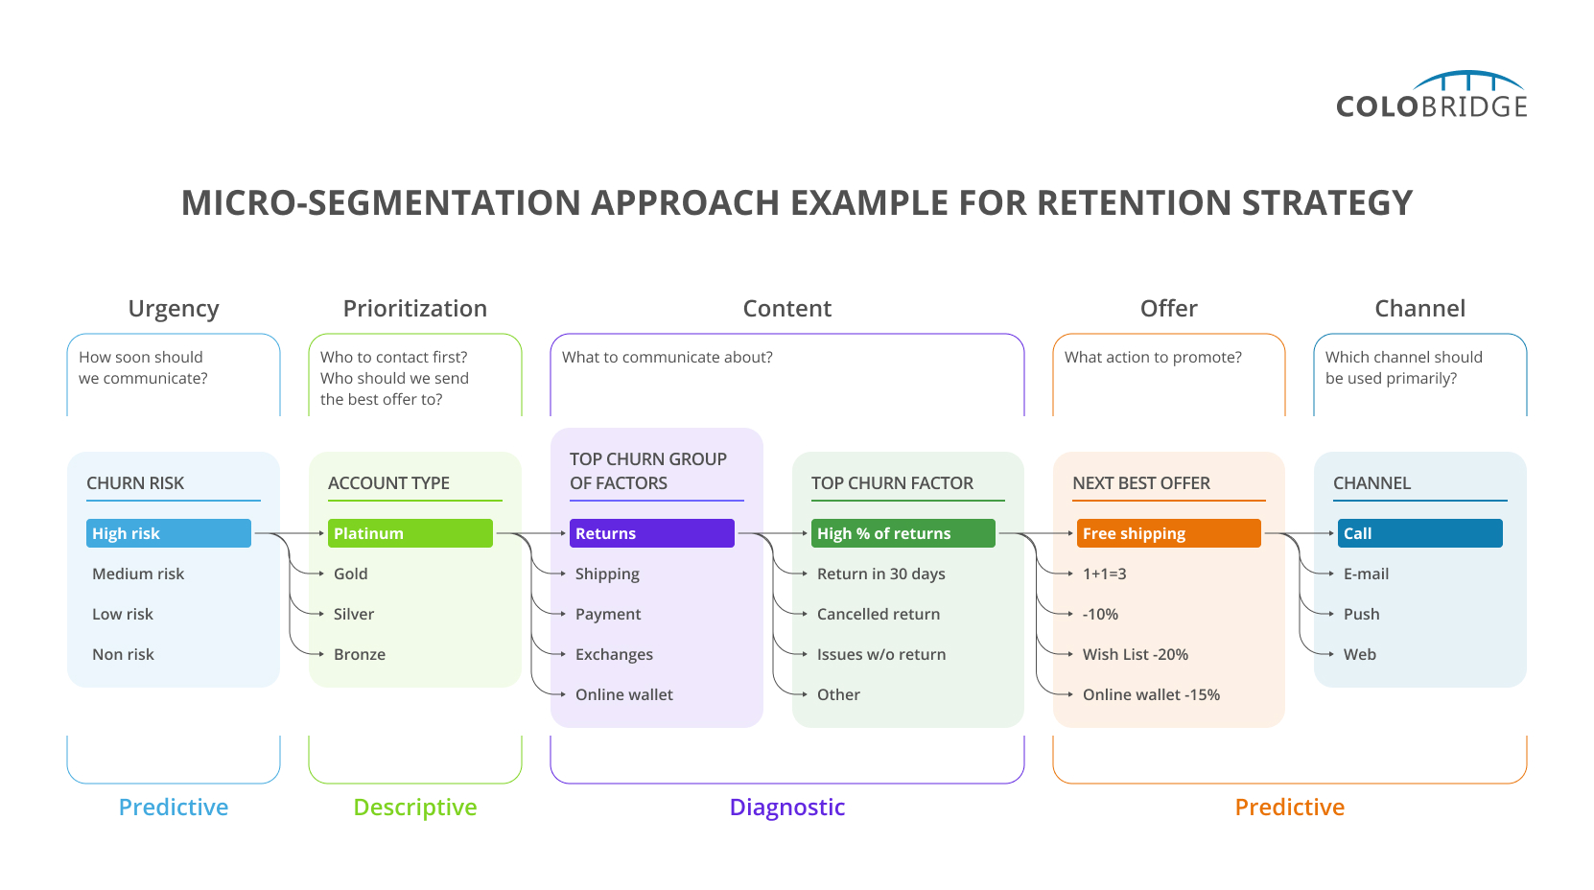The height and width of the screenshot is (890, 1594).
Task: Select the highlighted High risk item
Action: [x=169, y=533]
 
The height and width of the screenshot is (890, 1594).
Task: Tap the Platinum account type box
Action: [x=410, y=533]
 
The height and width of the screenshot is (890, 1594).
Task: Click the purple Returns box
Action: [x=652, y=533]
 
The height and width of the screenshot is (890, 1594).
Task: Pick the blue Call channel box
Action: [x=1419, y=533]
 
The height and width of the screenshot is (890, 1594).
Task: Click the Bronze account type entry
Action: [x=360, y=654]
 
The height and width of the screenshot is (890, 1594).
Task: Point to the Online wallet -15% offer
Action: [x=1151, y=694]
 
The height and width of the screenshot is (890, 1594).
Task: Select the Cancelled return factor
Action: [x=878, y=614]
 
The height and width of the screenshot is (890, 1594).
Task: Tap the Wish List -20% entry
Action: [x=1135, y=654]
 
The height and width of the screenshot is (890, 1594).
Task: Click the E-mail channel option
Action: [x=1366, y=574]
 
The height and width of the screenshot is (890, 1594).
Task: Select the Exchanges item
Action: [x=614, y=654]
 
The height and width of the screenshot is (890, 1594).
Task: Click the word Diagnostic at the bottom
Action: [x=786, y=807]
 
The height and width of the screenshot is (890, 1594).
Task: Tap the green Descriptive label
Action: [x=414, y=807]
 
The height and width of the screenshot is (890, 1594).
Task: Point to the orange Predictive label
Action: [x=1289, y=807]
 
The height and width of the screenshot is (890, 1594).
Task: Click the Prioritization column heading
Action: [x=414, y=308]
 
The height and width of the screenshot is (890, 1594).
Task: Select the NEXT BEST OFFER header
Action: [x=1141, y=483]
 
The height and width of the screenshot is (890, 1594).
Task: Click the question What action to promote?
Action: [x=1153, y=357]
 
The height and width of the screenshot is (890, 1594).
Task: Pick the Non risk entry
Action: [x=123, y=654]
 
